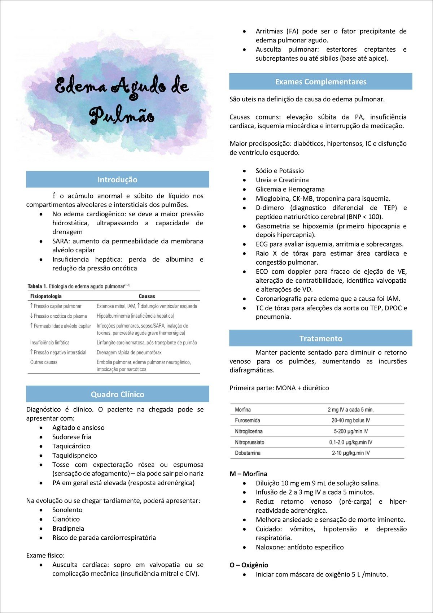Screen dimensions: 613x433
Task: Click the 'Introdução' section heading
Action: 117,179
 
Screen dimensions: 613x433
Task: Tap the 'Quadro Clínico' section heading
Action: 117,394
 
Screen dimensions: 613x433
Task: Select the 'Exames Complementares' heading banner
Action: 320,82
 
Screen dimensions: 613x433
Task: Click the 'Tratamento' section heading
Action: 320,338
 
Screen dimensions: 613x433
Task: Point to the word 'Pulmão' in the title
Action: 122,116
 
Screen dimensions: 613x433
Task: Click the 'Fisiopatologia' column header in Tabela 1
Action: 46,296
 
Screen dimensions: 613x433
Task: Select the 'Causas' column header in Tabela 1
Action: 147,296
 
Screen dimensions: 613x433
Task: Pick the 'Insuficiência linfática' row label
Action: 50,342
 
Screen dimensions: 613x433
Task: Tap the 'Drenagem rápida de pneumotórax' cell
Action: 129,352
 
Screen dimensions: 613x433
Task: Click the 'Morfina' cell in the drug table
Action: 242,409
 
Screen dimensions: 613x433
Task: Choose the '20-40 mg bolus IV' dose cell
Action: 350,420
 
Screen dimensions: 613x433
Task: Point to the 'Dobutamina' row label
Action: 248,453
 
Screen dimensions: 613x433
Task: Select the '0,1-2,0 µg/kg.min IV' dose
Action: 350,442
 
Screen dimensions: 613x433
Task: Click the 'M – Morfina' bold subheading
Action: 248,474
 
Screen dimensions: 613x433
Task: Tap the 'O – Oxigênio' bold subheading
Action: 249,565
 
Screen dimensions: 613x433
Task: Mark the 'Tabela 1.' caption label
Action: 37,286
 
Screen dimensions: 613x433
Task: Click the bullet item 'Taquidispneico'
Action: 74,455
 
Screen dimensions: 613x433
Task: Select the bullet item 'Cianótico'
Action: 66,519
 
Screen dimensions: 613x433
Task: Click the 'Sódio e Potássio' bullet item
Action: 280,170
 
